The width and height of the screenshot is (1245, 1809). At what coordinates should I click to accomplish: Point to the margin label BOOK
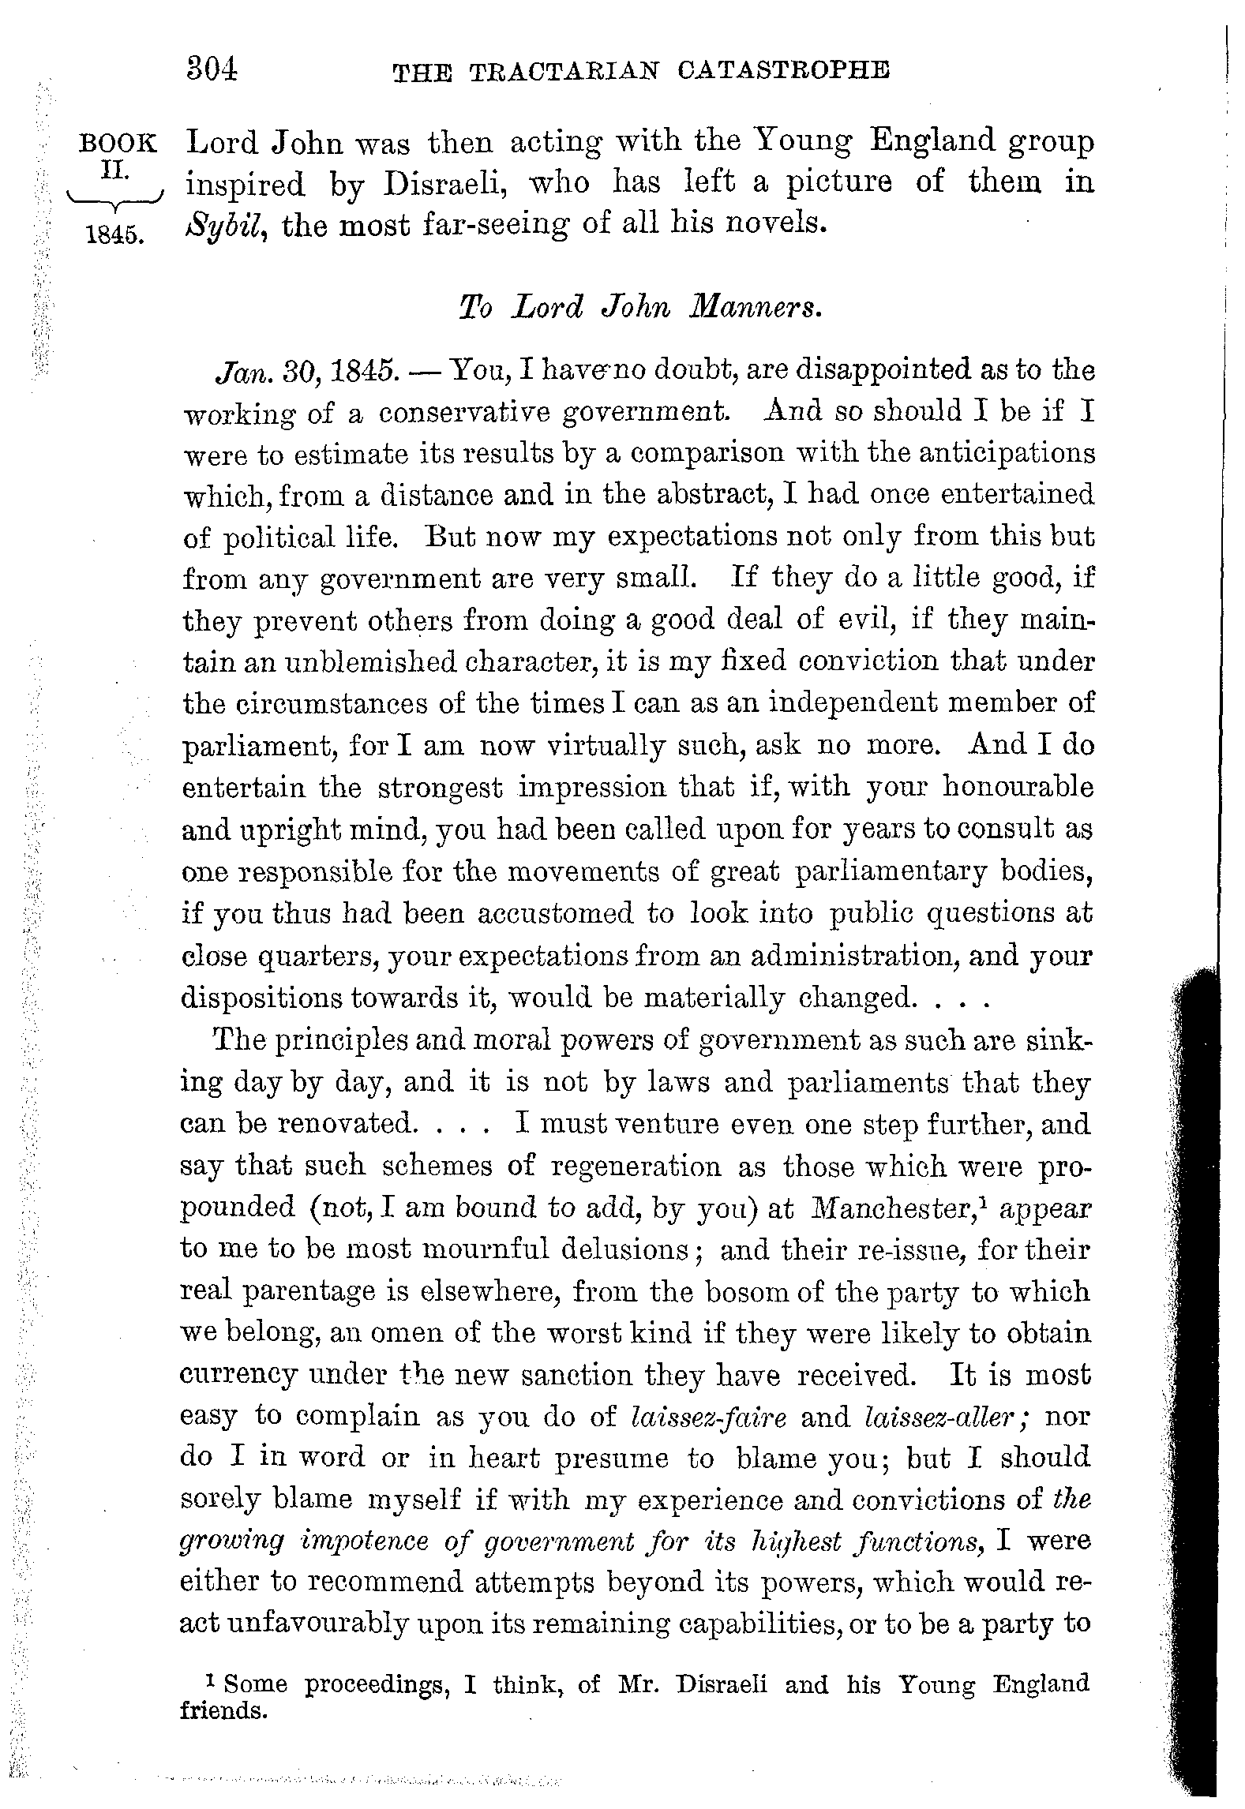pyautogui.click(x=118, y=144)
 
